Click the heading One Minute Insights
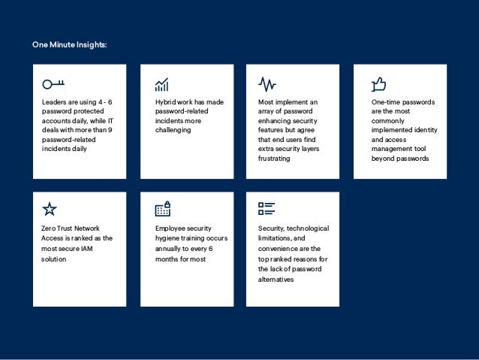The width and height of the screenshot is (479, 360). click(69, 45)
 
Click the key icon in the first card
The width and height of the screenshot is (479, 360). click(53, 83)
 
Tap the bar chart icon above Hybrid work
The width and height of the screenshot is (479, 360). click(161, 83)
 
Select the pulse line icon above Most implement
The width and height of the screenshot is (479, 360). click(267, 83)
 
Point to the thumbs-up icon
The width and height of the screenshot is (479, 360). click(378, 83)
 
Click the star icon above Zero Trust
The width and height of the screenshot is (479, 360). click(50, 209)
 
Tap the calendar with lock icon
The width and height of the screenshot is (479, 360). click(162, 209)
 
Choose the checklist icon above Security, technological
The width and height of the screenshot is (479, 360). click(267, 209)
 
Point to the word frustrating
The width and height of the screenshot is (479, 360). click(274, 159)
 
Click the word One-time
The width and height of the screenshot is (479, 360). click(387, 102)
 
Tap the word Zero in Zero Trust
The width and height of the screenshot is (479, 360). click(49, 228)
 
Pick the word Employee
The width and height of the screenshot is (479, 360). click(170, 228)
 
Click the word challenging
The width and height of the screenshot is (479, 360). click(173, 130)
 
